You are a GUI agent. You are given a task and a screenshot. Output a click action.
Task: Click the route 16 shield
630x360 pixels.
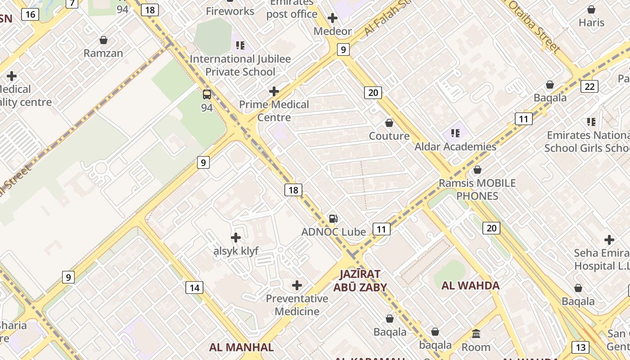click(30, 14)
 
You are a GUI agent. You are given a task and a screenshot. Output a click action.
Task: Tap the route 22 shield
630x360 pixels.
click(589, 86)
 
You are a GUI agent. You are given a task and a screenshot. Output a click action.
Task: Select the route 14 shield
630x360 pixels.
click(194, 287)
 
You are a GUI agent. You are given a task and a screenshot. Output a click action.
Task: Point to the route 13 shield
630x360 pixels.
click(580, 347)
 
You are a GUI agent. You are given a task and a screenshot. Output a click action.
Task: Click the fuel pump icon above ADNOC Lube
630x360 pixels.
click(333, 219)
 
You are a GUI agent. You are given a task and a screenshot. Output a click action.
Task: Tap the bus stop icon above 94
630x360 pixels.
click(207, 94)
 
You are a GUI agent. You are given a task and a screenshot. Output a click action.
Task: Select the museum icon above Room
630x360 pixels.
click(476, 334)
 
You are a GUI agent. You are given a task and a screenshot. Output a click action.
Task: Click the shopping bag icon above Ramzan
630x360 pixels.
click(103, 40)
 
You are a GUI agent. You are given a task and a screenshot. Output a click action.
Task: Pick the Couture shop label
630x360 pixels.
click(389, 136)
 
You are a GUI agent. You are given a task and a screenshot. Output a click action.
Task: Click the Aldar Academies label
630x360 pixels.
click(455, 147)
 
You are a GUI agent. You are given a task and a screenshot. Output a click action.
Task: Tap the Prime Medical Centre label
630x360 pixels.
click(274, 111)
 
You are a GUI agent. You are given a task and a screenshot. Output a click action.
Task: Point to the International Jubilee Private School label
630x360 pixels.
click(240, 65)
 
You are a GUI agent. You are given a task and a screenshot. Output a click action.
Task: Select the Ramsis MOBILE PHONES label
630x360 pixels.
click(477, 189)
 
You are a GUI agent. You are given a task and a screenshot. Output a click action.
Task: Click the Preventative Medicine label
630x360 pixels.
click(297, 305)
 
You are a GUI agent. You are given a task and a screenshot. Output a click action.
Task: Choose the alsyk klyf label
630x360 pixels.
click(236, 251)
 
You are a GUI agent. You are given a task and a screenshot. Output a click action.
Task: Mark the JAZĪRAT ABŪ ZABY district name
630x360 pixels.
click(360, 280)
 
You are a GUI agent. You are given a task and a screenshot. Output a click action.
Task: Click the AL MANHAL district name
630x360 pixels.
click(241, 347)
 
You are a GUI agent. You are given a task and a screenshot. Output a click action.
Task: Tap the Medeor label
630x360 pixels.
click(333, 31)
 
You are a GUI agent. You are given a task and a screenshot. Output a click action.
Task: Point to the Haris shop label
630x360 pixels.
click(591, 22)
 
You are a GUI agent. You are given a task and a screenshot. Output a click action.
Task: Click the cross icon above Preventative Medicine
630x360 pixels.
click(297, 285)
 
